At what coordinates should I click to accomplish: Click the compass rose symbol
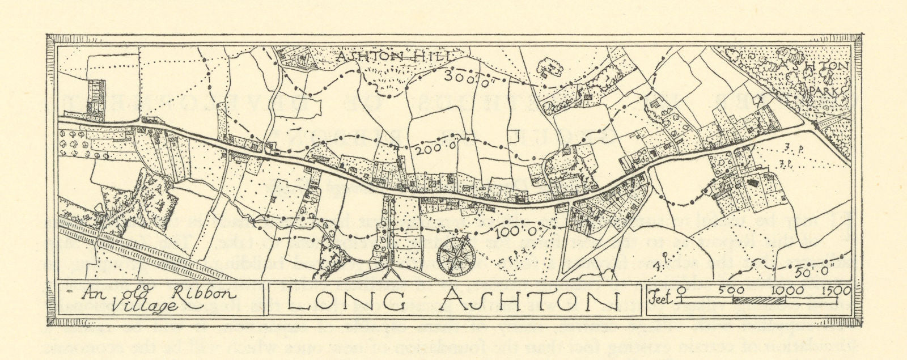point(455,255)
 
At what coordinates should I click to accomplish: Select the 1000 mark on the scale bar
point(785,291)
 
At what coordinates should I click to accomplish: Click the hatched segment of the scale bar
point(758,299)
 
